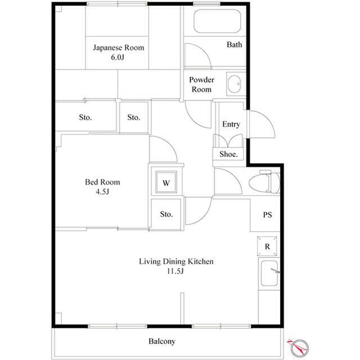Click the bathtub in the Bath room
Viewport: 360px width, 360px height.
(217, 21)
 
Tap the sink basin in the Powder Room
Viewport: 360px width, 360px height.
(235, 84)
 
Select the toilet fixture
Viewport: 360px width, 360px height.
(264, 182)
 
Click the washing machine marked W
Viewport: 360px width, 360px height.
(166, 182)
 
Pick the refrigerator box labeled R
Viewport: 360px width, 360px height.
(267, 246)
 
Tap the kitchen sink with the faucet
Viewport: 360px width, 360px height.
(269, 273)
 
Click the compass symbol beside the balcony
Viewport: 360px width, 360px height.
(299, 348)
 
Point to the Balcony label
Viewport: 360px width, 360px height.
(162, 341)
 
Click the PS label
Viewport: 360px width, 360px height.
(267, 215)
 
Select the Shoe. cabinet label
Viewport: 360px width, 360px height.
(228, 154)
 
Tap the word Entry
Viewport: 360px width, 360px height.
(231, 124)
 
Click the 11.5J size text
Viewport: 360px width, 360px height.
(175, 271)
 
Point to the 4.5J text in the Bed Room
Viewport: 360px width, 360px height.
(102, 191)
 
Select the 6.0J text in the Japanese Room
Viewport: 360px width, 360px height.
(118, 57)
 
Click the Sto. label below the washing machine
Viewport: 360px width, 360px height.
(166, 214)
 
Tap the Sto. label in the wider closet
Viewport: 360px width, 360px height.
(85, 118)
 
